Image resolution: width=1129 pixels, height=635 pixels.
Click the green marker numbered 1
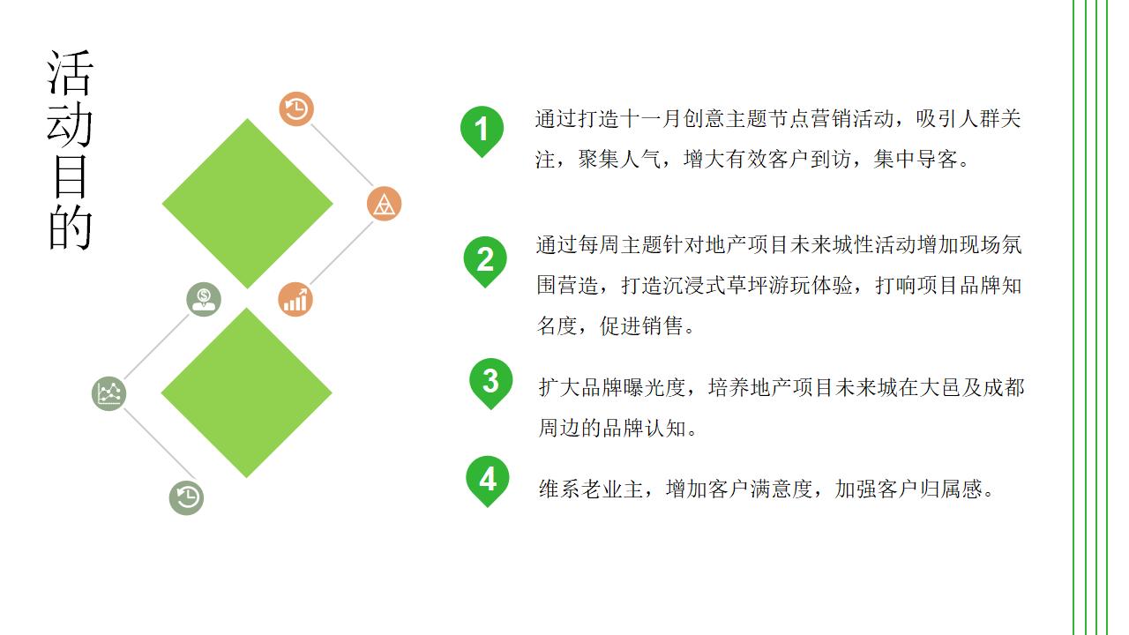coord(482,130)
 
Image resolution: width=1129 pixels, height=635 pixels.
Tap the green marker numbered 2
coord(485,259)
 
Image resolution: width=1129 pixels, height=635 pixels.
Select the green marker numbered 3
coord(490,380)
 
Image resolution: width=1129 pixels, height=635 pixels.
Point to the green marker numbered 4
coord(488,479)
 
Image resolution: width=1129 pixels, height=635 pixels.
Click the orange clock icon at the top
coord(297,108)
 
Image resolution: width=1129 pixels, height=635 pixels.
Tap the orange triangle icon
coord(384,204)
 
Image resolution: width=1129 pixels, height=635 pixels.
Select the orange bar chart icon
coord(295,299)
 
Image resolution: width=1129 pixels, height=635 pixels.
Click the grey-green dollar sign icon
coord(204,299)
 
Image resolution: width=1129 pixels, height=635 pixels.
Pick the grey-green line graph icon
coord(109,393)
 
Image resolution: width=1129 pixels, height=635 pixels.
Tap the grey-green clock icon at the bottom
coord(186,497)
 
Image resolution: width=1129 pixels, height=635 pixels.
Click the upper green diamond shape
coord(248,204)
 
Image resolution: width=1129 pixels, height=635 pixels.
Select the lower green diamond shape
coord(247,392)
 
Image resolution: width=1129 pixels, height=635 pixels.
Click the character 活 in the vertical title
coord(70,73)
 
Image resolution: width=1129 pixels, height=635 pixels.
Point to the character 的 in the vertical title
coord(70,228)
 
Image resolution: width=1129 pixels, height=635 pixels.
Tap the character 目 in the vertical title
coord(70,176)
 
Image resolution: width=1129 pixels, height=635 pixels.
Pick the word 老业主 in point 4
coord(602,489)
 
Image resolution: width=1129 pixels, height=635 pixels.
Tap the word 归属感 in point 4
coord(950,489)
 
